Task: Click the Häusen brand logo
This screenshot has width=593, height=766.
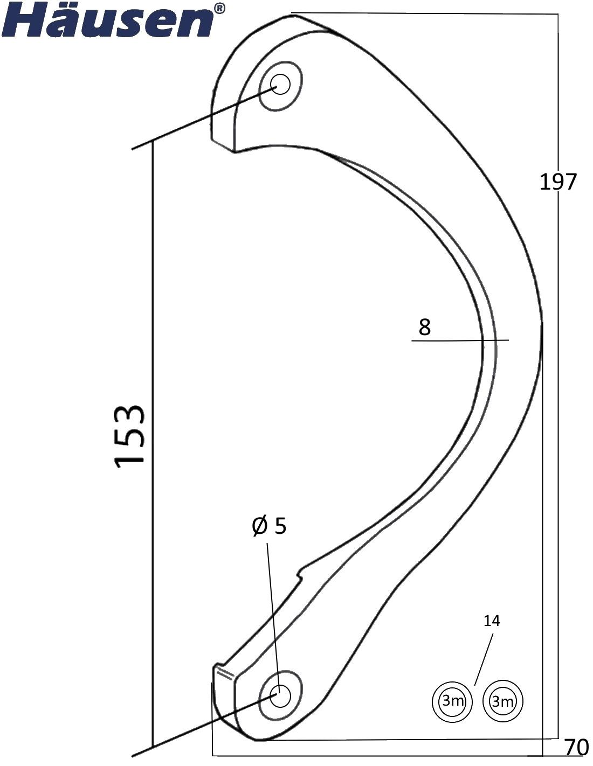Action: click(x=112, y=19)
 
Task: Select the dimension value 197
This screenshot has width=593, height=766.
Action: click(x=557, y=182)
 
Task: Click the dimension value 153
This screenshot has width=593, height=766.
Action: click(x=129, y=436)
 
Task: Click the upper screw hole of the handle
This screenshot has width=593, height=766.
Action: click(x=280, y=85)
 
